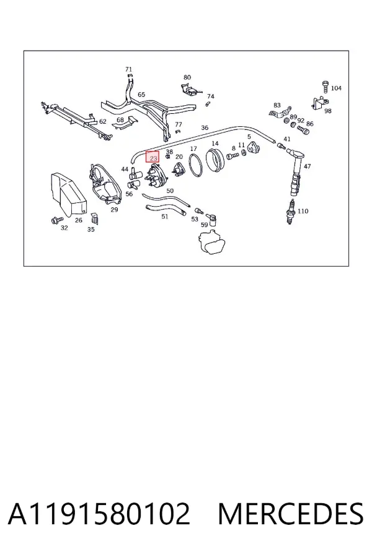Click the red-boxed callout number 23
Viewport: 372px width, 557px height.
point(153,157)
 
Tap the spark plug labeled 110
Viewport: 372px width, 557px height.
point(291,212)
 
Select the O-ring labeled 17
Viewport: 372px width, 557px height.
point(196,165)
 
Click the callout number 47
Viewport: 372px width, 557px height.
point(308,166)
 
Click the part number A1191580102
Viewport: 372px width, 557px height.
point(99,514)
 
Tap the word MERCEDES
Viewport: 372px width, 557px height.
point(291,514)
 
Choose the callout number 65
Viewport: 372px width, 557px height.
point(141,95)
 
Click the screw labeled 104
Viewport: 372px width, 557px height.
point(325,87)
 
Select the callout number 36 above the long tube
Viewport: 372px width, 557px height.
point(205,128)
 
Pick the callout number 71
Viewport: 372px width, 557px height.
point(128,69)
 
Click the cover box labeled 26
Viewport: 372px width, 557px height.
point(68,194)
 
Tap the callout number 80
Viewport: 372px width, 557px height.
point(187,77)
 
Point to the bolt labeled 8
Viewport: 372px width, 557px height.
point(232,156)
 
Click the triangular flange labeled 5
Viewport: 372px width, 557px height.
point(254,148)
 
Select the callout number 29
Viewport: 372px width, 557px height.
point(114,210)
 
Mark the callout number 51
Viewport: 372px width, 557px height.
point(164,217)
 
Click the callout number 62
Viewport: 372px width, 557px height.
point(102,121)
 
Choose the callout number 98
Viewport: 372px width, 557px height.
point(328,111)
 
